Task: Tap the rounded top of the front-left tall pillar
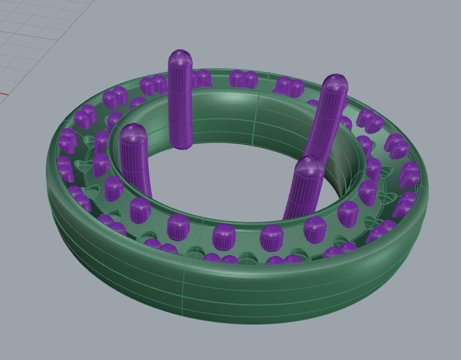pyautogui.click(x=133, y=134)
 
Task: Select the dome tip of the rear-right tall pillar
pyautogui.click(x=335, y=84)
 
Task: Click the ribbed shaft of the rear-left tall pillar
pyautogui.click(x=181, y=106)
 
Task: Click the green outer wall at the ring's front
pyautogui.click(x=235, y=294)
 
